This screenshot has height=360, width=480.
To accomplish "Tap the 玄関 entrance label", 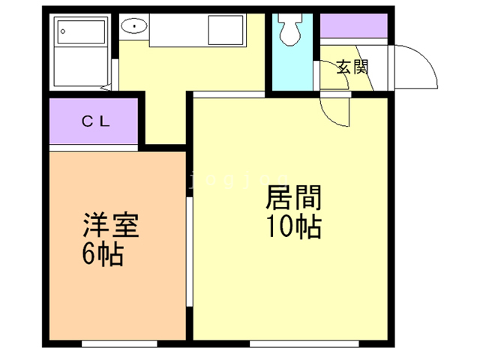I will pyautogui.click(x=352, y=67).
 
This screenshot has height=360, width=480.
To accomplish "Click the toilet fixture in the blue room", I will pyautogui.click(x=289, y=33).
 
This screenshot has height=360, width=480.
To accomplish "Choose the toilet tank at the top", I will pyautogui.click(x=289, y=21).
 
